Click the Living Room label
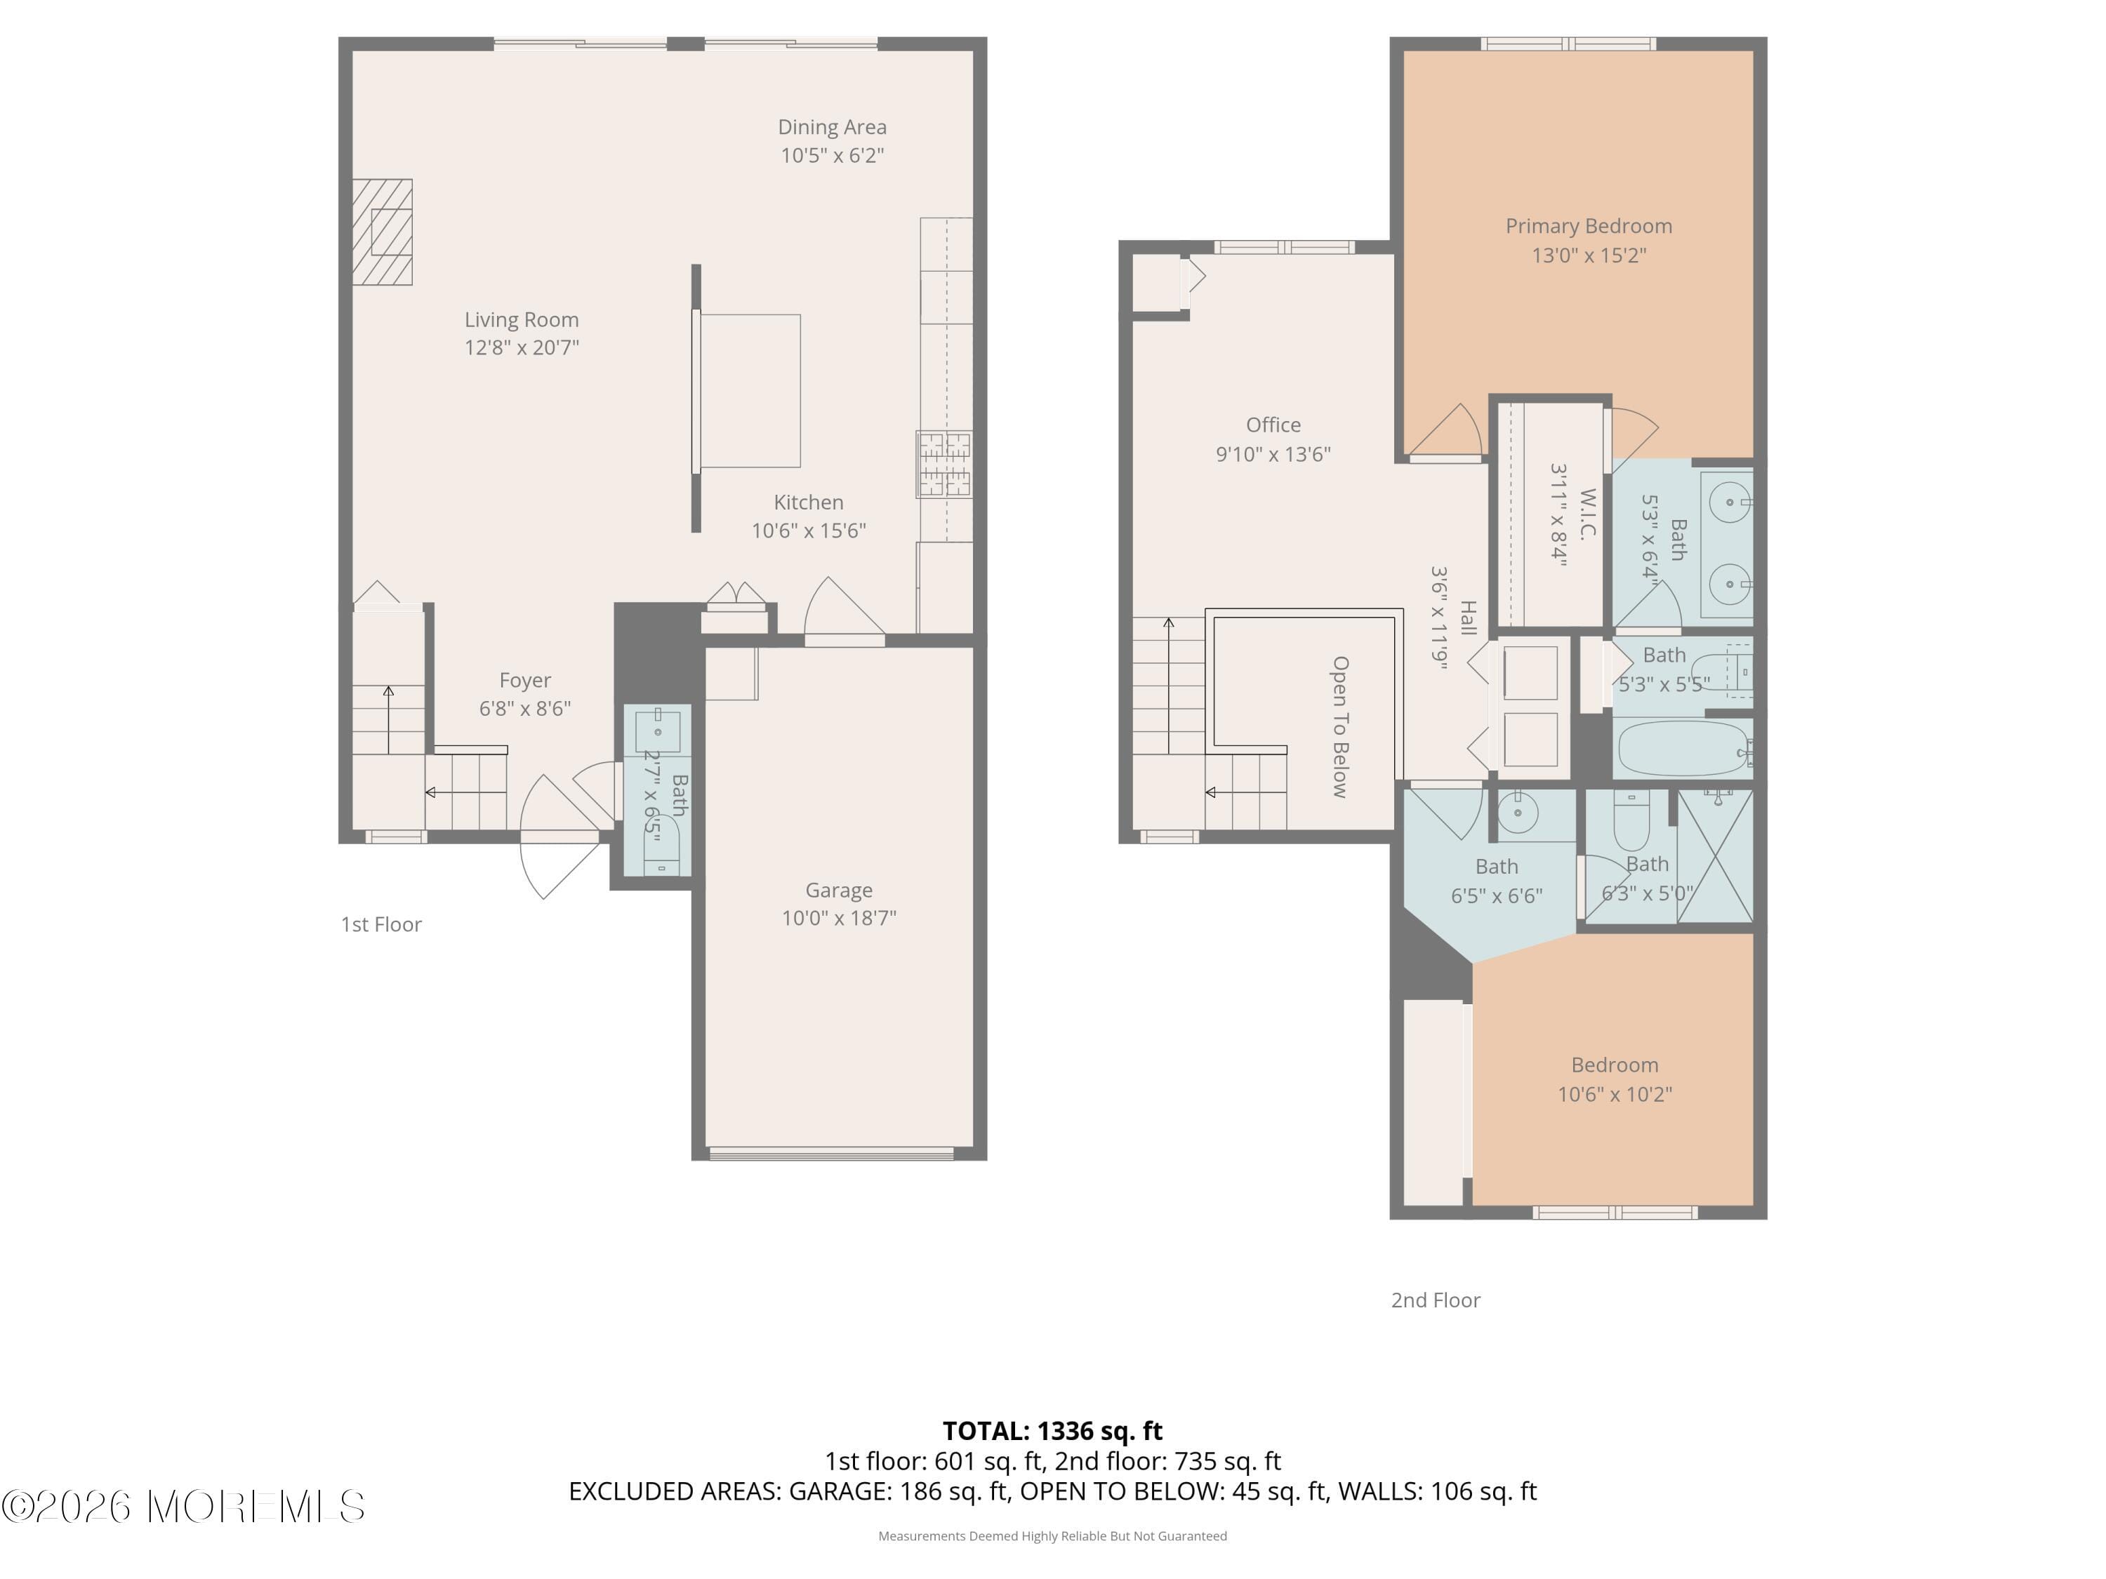pos(521,320)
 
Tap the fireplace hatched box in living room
pos(383,232)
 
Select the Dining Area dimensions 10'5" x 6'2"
pos(832,155)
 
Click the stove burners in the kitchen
pos(943,465)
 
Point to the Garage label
pos(837,890)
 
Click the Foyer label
pos(524,681)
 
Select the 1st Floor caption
pos(380,924)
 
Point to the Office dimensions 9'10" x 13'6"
pos(1273,454)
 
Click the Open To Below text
pos(1339,726)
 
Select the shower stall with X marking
pos(1715,857)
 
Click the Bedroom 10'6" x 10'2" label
pos(1614,1065)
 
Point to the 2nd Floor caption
pos(1435,1300)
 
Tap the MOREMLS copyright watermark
pos(183,1507)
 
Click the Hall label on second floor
pos(1468,619)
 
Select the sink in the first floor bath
pos(657,731)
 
